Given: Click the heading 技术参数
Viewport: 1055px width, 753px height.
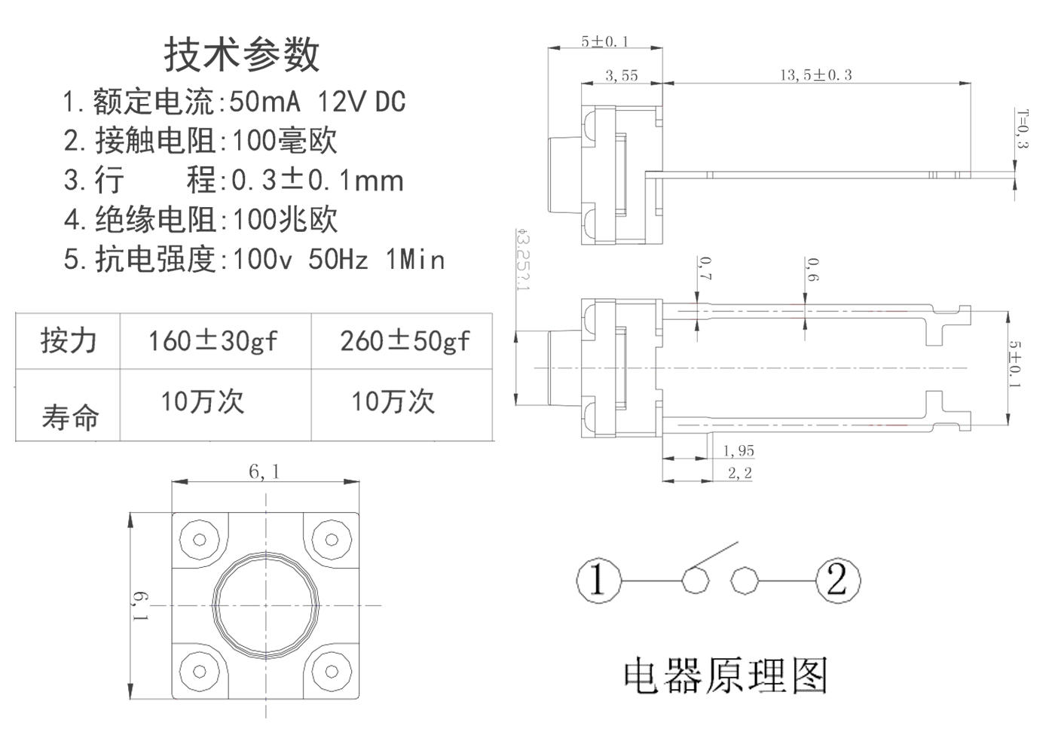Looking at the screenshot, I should click(242, 54).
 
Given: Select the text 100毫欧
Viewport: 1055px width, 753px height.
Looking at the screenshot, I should click(284, 141).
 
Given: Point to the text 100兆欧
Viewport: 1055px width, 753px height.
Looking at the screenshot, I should click(285, 220).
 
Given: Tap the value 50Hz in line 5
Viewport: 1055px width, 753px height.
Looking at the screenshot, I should click(338, 260).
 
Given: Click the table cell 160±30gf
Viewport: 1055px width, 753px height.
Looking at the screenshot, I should click(213, 341).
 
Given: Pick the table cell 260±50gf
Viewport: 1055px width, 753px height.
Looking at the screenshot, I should click(405, 341).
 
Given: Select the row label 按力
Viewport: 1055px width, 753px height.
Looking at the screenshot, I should click(69, 341).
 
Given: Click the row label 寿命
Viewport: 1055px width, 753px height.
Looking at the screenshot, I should click(70, 416).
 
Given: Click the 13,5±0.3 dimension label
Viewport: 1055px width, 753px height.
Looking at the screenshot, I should click(815, 75).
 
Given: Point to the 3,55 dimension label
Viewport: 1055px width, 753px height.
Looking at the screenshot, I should click(622, 75).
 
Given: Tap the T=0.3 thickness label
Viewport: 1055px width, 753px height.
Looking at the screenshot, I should click(1022, 129).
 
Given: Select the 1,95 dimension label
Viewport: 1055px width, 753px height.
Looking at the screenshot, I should click(738, 451).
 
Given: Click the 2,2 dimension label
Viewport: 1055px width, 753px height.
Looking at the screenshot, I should click(739, 474).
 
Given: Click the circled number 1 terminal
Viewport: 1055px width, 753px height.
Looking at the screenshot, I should click(599, 581).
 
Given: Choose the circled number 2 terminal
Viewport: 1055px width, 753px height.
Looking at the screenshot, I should click(837, 581).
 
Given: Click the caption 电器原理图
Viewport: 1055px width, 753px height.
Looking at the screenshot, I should click(726, 675).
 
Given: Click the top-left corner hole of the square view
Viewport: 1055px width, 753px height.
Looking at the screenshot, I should click(200, 540).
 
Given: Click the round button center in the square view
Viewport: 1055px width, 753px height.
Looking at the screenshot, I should click(266, 605).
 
